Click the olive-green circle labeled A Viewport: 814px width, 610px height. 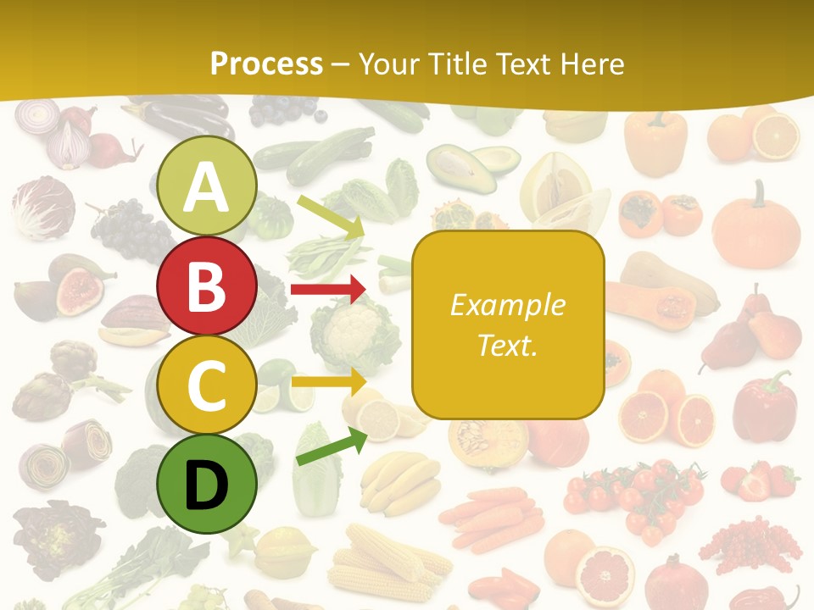pos(207,186)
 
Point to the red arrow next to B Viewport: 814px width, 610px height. pos(327,290)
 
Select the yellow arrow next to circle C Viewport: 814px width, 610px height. pos(327,381)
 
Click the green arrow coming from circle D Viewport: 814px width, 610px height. pos(332,447)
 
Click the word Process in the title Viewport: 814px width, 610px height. pos(266,64)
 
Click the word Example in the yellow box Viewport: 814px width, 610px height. pos(507,305)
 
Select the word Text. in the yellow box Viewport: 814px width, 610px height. pos(507,345)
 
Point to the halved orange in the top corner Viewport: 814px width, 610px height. pos(776,136)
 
